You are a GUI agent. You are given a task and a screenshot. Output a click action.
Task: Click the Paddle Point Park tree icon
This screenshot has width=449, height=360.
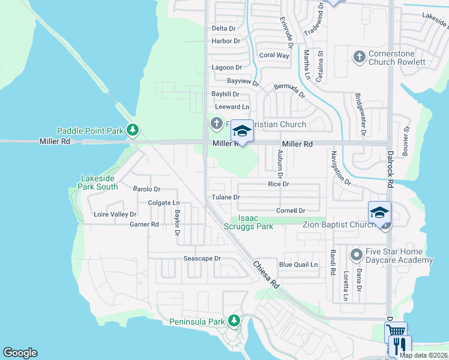(133, 130)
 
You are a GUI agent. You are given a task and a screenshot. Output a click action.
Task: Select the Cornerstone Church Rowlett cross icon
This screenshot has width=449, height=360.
(360, 57)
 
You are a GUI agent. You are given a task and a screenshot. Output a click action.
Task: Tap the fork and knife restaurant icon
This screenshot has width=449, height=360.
(400, 346)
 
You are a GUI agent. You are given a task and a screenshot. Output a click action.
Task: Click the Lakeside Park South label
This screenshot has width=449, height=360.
(100, 182)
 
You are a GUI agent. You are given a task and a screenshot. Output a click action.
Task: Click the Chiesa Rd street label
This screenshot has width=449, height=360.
(265, 273)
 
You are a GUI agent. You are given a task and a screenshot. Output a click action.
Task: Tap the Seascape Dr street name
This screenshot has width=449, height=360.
(202, 259)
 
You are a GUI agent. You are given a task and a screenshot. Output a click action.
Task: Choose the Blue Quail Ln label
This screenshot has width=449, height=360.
(298, 265)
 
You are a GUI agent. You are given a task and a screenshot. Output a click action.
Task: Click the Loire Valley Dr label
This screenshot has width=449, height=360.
(115, 214)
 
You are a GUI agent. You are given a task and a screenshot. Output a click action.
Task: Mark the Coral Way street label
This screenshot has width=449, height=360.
(274, 55)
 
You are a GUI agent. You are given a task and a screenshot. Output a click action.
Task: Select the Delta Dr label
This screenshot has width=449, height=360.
(224, 28)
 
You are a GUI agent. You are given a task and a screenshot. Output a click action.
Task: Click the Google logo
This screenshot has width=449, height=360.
(20, 353)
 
